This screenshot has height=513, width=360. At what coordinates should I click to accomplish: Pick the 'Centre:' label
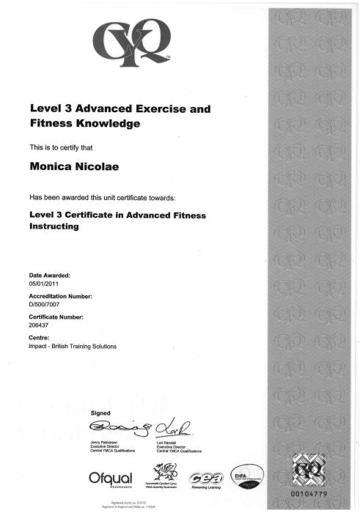coord(39,338)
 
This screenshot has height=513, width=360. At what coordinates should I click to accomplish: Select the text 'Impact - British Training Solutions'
coord(73,345)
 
